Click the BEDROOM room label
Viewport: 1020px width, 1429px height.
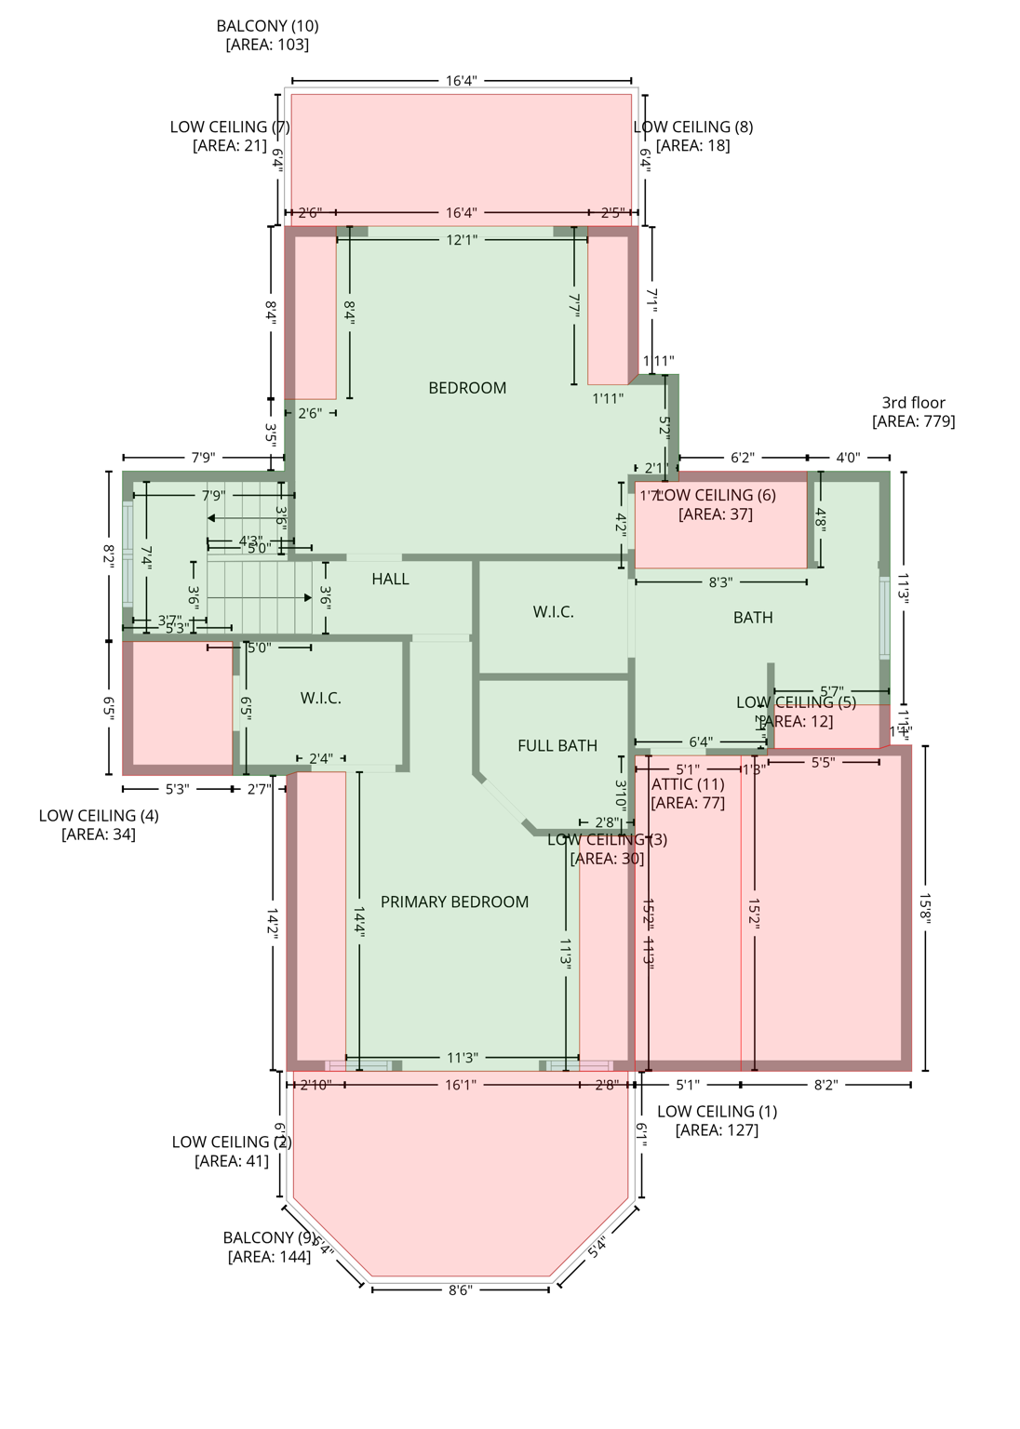tap(467, 388)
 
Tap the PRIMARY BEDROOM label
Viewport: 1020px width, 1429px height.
tap(454, 901)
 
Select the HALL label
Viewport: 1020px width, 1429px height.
tap(390, 579)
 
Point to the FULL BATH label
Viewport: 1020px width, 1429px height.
tap(557, 745)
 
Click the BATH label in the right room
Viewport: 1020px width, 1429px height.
tap(753, 617)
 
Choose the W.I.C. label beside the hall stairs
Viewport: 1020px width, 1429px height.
tap(553, 611)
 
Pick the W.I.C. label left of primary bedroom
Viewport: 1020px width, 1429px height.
tap(320, 698)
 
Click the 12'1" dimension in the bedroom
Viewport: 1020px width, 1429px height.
tap(462, 240)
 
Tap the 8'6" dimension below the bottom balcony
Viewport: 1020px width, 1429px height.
tap(460, 1289)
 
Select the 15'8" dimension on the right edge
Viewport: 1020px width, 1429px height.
tap(925, 908)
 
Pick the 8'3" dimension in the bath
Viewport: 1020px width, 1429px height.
tap(720, 582)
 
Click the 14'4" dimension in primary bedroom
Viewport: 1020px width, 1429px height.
tap(359, 921)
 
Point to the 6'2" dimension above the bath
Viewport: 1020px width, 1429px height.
tap(742, 458)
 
